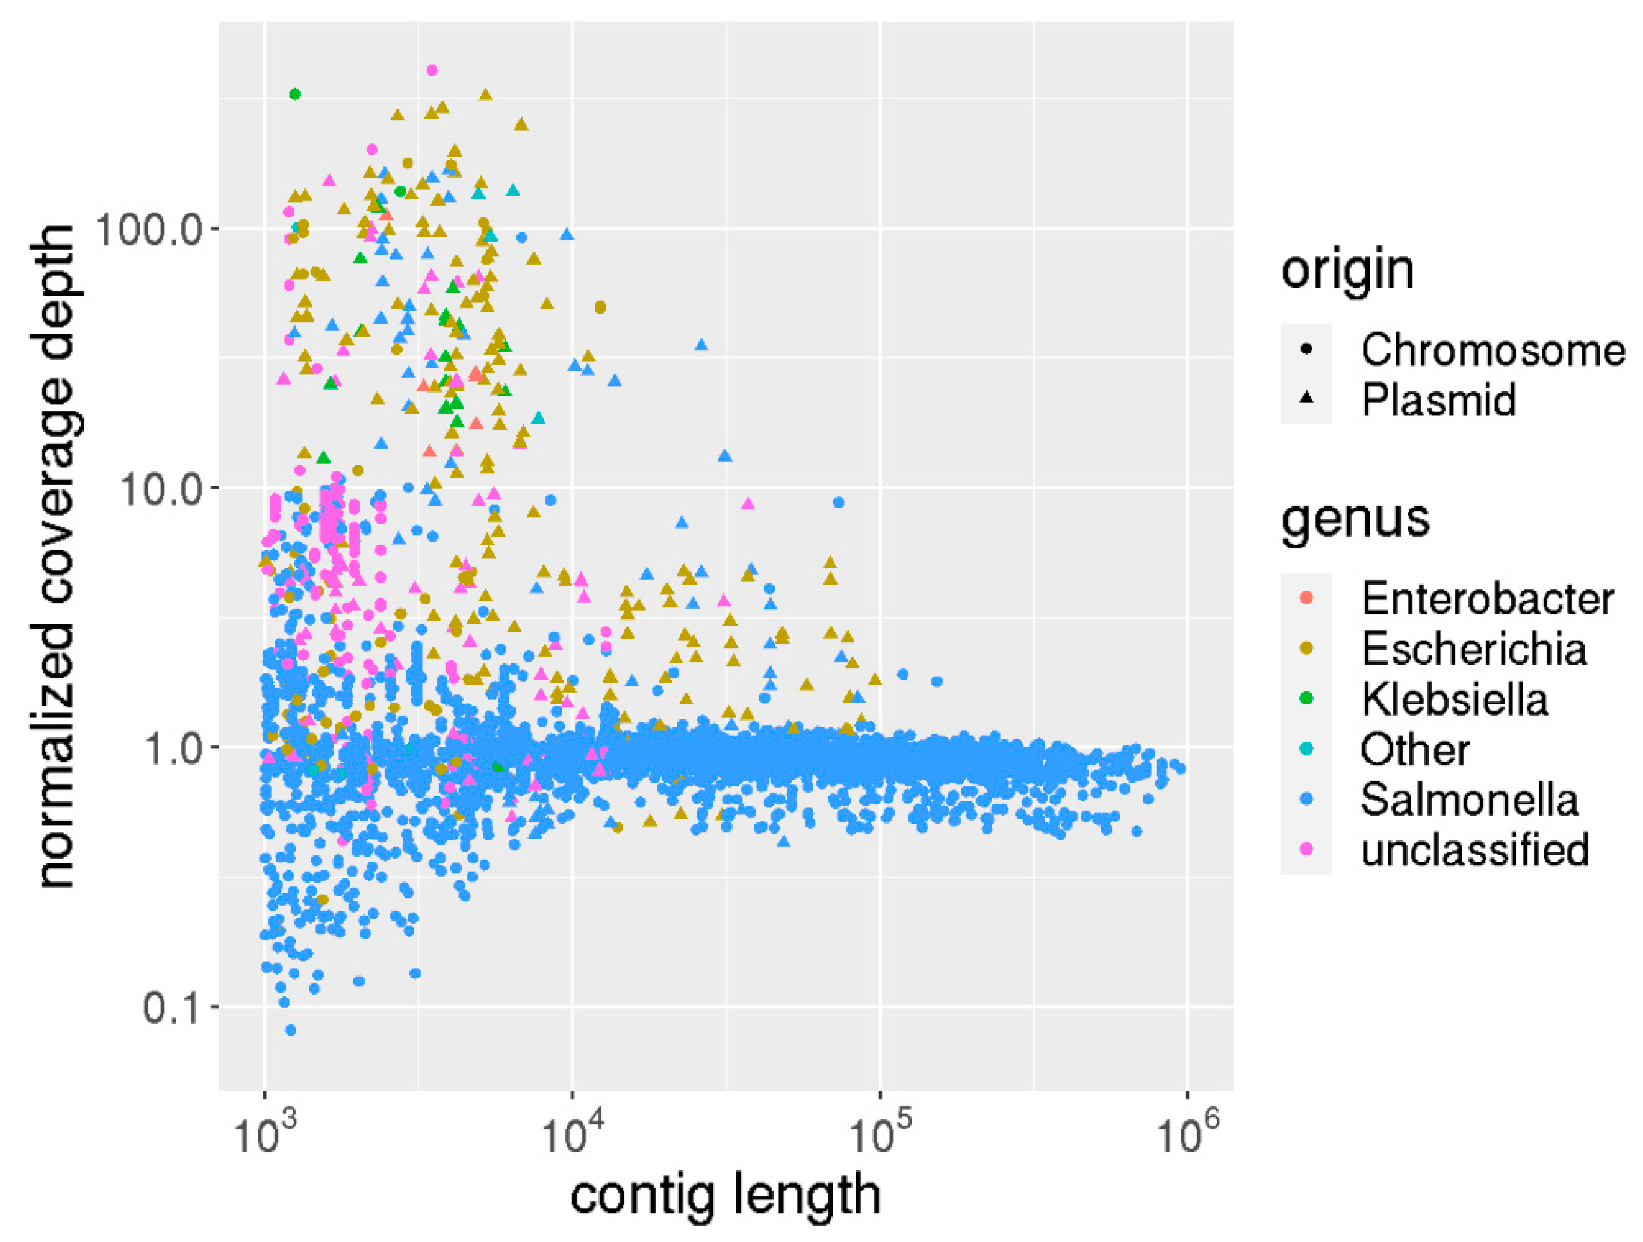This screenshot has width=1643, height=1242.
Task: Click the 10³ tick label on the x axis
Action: (264, 1135)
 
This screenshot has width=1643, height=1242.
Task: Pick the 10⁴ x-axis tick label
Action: (572, 1135)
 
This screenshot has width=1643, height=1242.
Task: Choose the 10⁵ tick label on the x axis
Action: (880, 1135)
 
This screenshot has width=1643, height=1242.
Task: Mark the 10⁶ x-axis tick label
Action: (1187, 1135)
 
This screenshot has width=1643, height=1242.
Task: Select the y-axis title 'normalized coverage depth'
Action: (56, 557)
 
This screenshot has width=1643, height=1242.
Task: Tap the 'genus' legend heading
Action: (1356, 519)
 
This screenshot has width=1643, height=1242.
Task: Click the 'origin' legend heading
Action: (1347, 270)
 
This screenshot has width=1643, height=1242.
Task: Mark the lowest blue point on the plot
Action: (290, 1029)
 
